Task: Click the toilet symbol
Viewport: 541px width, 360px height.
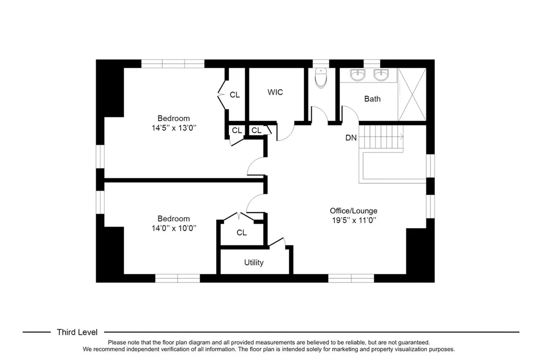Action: (321, 78)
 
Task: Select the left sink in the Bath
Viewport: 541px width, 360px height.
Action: (358, 75)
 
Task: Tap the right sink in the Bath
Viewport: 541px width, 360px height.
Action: (381, 75)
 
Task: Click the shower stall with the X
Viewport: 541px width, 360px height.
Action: (412, 94)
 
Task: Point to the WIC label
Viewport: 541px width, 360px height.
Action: (275, 92)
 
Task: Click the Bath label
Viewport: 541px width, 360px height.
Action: (372, 99)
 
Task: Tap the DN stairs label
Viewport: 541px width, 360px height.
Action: (351, 138)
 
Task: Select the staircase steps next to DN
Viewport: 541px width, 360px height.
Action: (381, 137)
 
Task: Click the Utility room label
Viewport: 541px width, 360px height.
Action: (254, 262)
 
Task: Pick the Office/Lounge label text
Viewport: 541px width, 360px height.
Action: (353, 211)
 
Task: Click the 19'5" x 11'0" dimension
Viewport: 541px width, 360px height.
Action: (353, 220)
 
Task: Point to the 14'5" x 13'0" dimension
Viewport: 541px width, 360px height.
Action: (173, 128)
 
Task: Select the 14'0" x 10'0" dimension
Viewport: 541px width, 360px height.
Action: (173, 228)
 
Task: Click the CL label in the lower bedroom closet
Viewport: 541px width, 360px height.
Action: (241, 233)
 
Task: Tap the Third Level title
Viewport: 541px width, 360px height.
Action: (77, 332)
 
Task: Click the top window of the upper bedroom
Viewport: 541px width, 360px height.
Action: (173, 64)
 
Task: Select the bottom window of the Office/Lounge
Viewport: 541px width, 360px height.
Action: (351, 278)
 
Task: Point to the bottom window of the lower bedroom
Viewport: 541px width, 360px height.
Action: (178, 278)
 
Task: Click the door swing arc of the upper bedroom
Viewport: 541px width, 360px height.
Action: (255, 166)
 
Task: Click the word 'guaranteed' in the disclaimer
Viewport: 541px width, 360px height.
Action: (414, 343)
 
